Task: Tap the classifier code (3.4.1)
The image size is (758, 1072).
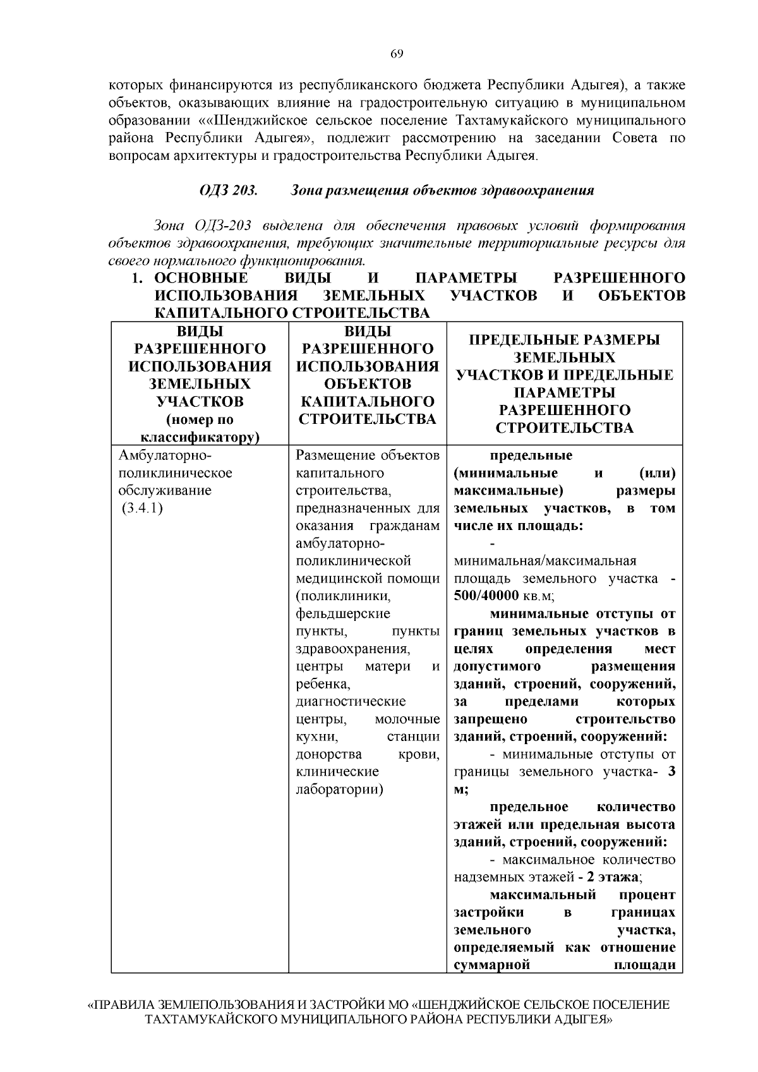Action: (142, 509)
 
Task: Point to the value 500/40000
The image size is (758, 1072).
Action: (486, 596)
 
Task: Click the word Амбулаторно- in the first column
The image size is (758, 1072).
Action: (165, 455)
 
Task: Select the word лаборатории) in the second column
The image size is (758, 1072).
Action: (339, 789)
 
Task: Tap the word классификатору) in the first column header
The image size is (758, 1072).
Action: (200, 437)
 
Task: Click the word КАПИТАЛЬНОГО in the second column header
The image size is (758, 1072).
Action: (368, 402)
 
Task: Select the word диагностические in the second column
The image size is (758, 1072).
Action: (351, 701)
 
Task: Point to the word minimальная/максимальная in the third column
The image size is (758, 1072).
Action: (545, 561)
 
